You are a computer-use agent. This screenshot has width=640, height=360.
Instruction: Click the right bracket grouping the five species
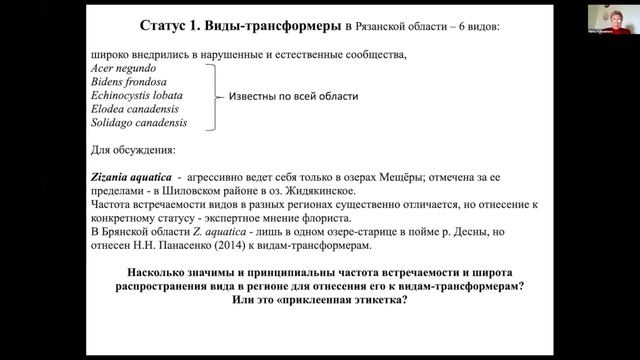coord(213,97)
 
